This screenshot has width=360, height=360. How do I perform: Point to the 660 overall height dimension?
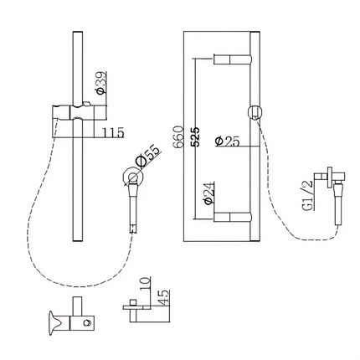tap(177, 137)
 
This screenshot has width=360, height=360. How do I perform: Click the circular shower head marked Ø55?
tap(131, 177)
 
